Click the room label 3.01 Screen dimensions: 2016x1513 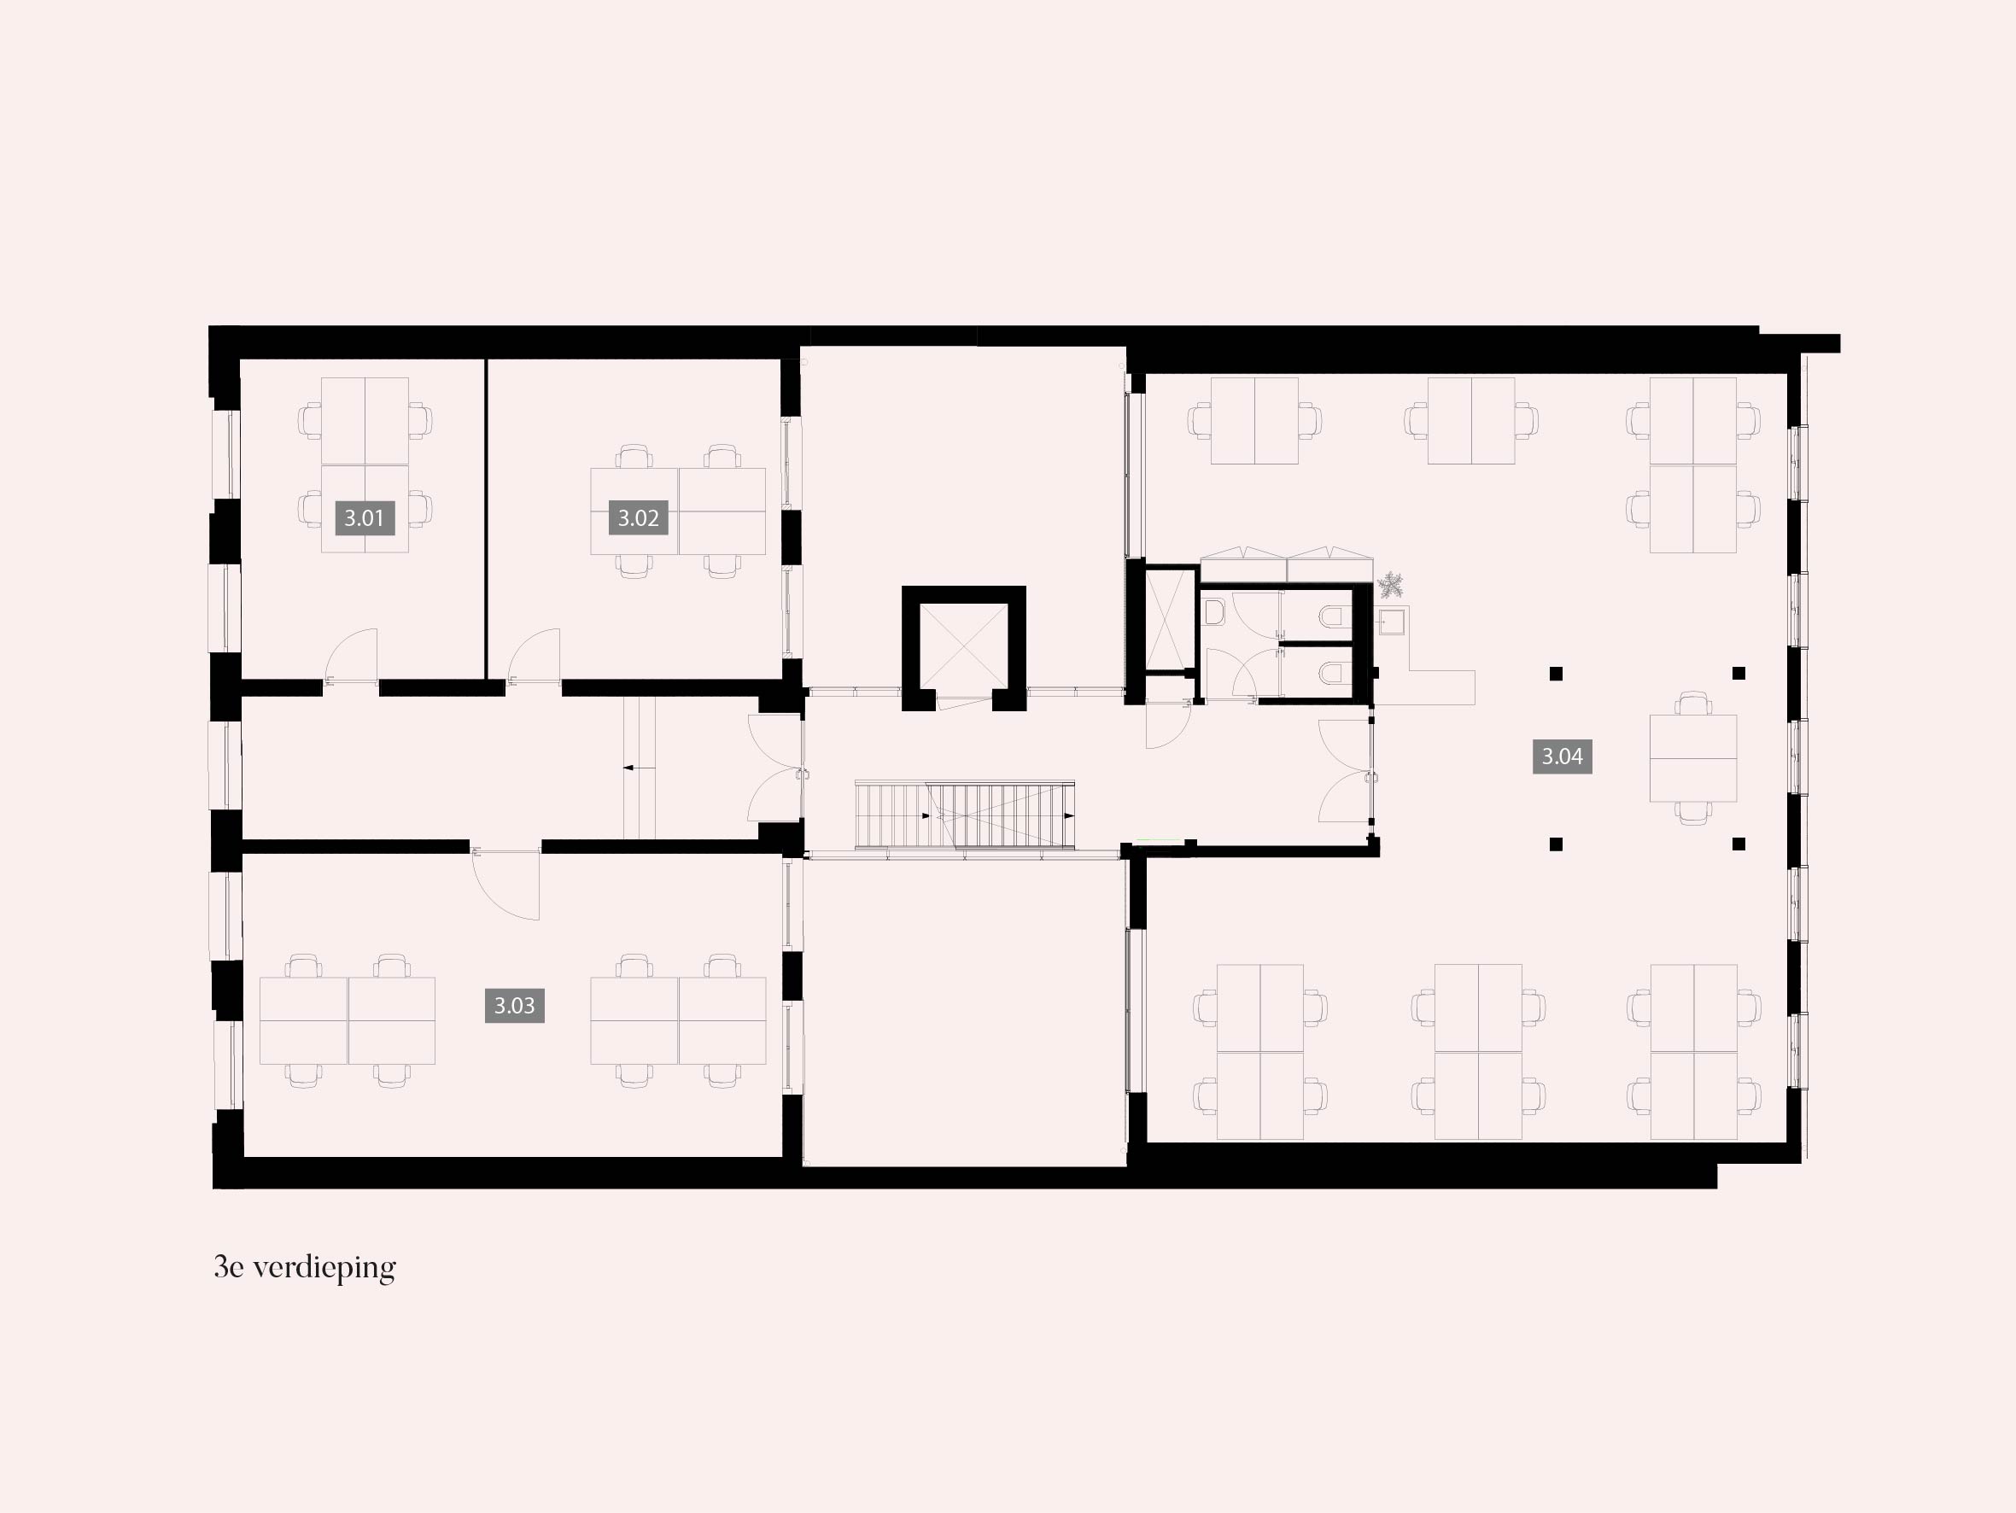[365, 517]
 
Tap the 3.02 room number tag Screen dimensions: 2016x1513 [638, 517]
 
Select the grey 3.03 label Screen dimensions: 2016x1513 [514, 1005]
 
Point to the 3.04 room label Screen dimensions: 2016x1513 [1562, 756]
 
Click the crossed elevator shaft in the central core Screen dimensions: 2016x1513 [963, 647]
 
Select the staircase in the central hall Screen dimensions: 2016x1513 [964, 815]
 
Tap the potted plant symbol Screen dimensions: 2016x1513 [1391, 584]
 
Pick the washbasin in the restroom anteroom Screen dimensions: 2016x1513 [1213, 610]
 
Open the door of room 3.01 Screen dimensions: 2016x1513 [352, 654]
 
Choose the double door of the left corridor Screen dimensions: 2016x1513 [774, 768]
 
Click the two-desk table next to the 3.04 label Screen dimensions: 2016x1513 [1692, 758]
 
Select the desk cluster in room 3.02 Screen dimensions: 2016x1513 [678, 511]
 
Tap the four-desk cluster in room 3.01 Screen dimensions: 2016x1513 [365, 464]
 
